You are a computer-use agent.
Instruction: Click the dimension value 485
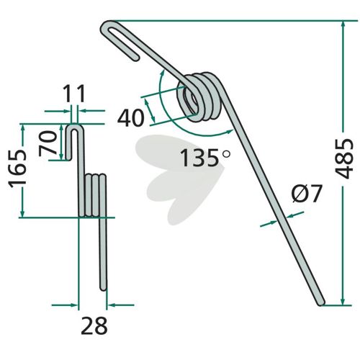coord(343,158)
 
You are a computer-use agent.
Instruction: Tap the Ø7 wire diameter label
coord(307,194)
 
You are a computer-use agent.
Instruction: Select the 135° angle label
coord(204,157)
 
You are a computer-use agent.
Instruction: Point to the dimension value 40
coord(131,117)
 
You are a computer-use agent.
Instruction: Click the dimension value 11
coord(74,94)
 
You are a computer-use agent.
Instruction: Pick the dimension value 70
coord(48,143)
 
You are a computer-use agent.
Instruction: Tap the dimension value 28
coord(94,325)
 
